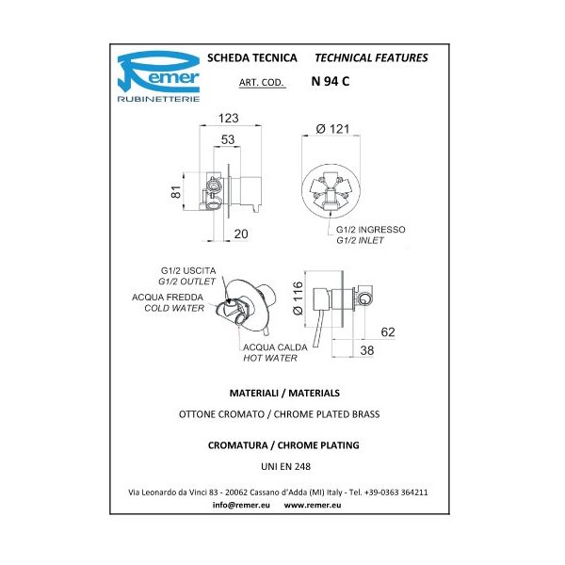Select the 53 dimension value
(x=227, y=139)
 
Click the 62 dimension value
(x=387, y=331)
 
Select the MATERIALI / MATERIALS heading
(x=282, y=391)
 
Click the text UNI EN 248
(x=282, y=465)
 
